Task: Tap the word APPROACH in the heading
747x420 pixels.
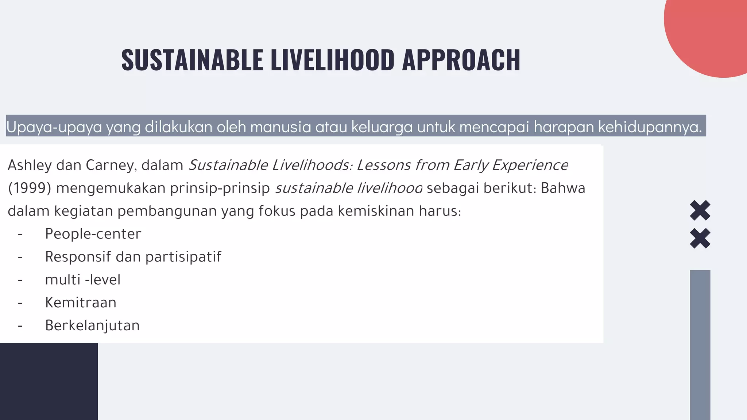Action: click(x=461, y=60)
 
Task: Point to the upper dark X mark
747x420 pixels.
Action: click(x=700, y=210)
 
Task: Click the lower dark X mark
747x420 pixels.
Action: click(x=700, y=238)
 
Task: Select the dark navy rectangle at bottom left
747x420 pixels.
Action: click(x=49, y=381)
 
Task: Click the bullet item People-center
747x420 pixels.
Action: click(x=93, y=234)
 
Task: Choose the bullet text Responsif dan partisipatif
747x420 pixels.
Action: click(x=133, y=257)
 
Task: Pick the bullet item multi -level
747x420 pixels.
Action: click(x=83, y=280)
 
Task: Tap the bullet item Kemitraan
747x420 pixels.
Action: click(x=81, y=303)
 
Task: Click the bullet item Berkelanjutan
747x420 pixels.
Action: click(x=92, y=326)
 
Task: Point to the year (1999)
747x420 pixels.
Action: click(x=30, y=188)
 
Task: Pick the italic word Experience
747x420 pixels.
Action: click(x=530, y=166)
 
